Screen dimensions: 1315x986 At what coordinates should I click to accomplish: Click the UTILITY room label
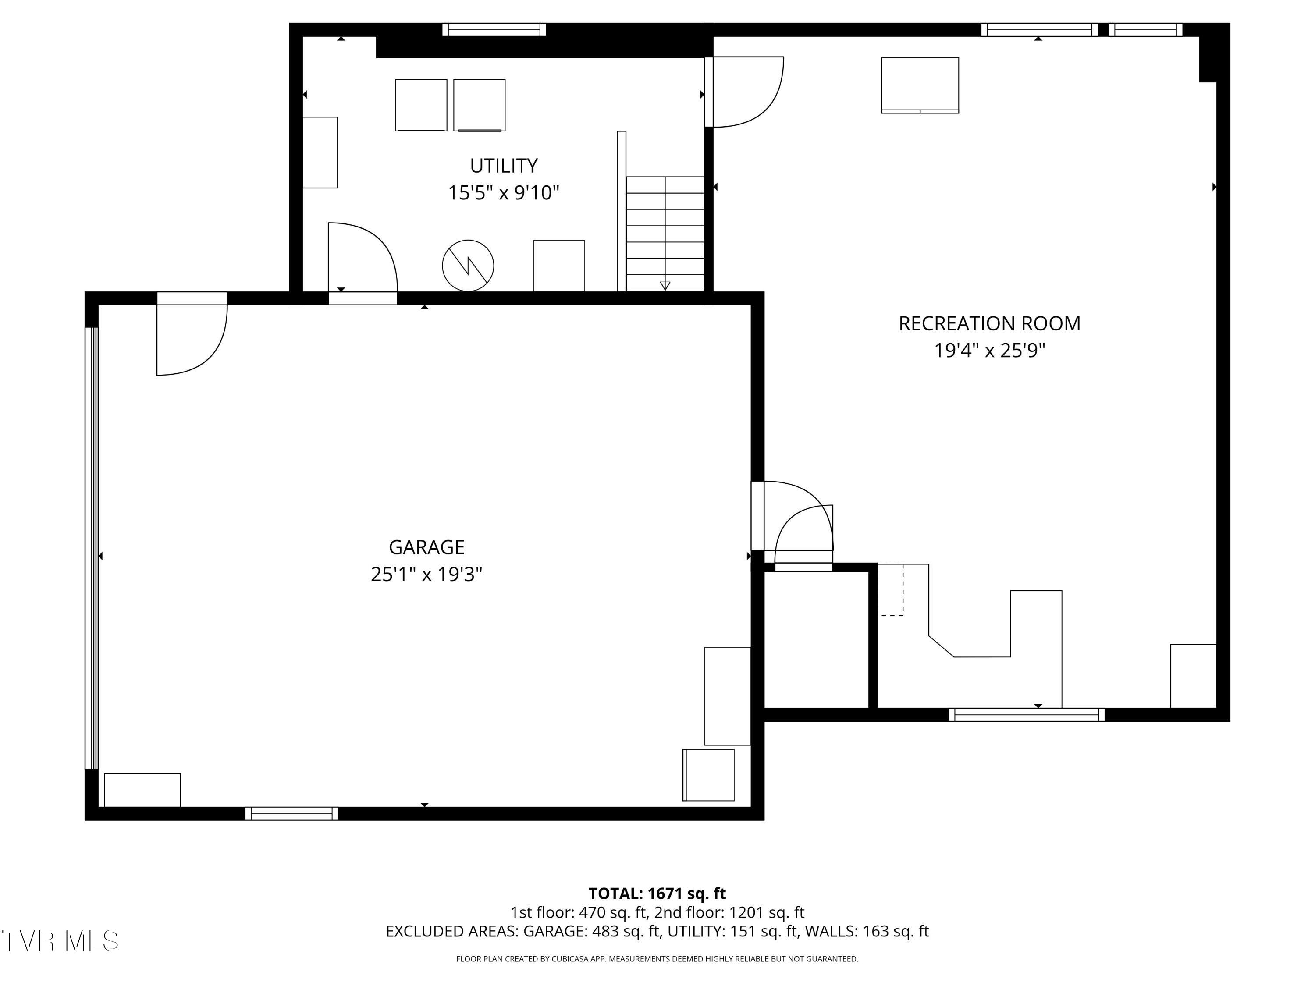(504, 165)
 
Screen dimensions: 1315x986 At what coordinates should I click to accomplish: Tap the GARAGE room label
(426, 547)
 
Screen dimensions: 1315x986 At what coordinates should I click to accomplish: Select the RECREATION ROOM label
(989, 323)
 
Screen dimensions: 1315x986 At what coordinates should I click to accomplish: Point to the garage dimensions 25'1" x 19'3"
(426, 574)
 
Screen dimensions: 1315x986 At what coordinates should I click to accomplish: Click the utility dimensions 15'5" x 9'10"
(504, 192)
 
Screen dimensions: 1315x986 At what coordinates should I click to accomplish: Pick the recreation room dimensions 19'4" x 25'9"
(989, 351)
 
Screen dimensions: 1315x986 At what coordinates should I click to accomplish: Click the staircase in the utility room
(665, 234)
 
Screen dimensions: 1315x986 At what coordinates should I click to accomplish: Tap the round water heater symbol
(468, 266)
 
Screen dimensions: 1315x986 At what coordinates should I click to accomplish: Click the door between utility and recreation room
(744, 92)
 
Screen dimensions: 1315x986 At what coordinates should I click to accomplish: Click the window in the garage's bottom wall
(291, 814)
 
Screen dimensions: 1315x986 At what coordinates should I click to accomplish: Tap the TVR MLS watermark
(60, 941)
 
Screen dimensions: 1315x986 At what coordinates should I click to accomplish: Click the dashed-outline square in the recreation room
(891, 589)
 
